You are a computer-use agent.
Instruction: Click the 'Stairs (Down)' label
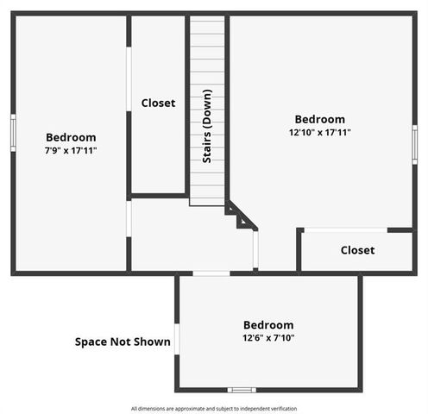tap(208, 125)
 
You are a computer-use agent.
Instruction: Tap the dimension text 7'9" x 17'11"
tap(71, 150)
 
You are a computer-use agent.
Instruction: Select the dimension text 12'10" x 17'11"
tap(319, 132)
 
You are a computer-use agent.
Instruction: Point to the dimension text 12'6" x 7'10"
tap(267, 337)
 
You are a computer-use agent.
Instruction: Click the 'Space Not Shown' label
tap(122, 342)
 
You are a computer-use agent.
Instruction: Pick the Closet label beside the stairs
tap(158, 103)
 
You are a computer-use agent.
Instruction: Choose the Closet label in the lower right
tap(357, 250)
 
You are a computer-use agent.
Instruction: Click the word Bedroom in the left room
tap(71, 137)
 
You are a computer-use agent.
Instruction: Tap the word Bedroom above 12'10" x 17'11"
tap(319, 119)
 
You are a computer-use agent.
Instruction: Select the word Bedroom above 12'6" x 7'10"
tap(267, 324)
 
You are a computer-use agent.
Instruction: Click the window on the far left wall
tap(13, 132)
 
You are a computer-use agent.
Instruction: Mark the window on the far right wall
tap(414, 143)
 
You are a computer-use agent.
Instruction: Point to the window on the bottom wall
tap(241, 390)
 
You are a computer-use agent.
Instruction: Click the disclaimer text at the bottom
tap(214, 408)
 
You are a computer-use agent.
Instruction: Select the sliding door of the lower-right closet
tap(345, 229)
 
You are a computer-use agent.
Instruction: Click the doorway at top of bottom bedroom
tap(211, 273)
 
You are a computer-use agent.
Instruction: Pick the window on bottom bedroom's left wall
tap(177, 338)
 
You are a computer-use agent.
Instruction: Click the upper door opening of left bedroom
tap(129, 78)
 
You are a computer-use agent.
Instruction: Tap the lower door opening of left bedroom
tap(129, 218)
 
